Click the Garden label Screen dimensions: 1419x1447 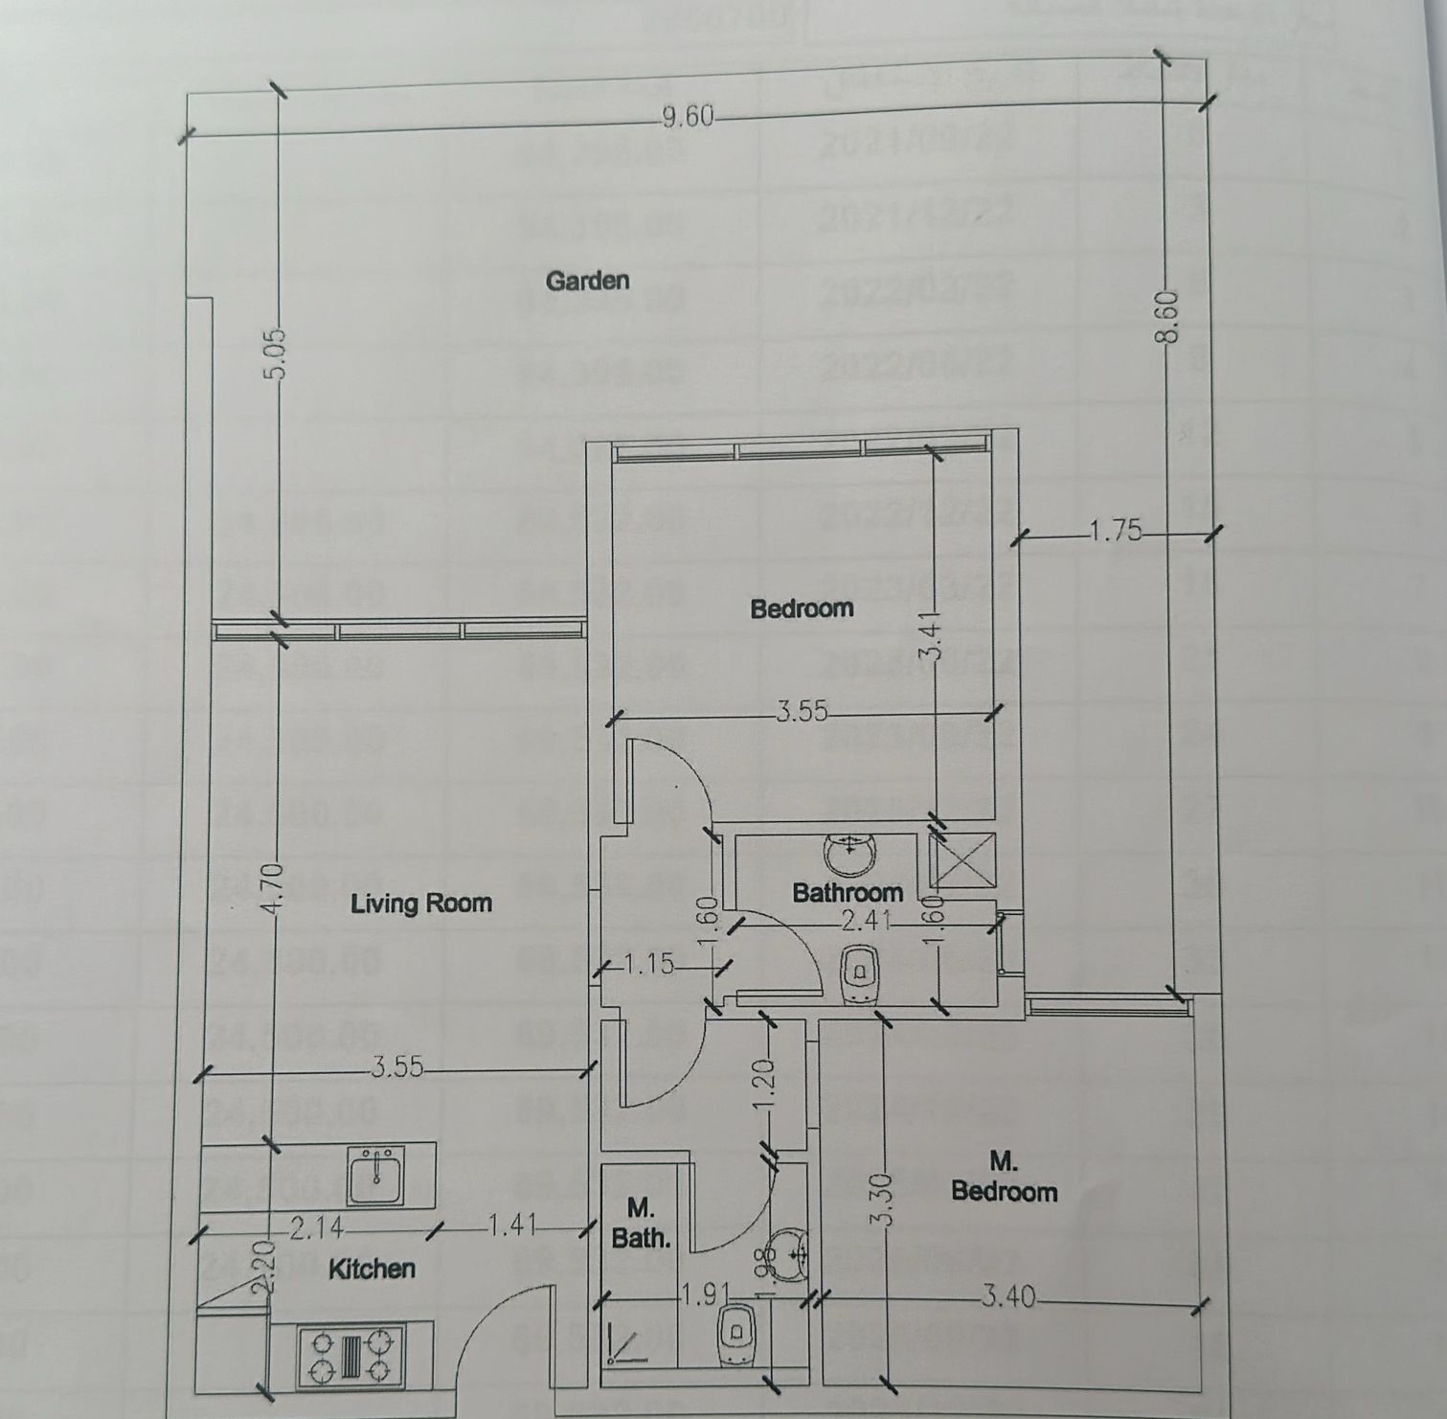587,281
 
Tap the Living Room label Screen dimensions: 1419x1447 420,904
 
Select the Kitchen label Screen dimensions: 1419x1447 372,1270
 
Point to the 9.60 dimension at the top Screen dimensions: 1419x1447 688,117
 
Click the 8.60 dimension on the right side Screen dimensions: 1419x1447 1167,319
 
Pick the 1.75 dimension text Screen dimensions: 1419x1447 1116,530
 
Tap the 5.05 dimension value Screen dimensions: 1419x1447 276,355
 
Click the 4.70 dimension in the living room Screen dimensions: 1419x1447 273,890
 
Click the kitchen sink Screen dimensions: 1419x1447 376,1175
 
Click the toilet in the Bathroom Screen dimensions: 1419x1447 860,974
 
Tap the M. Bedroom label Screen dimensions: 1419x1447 1004,1178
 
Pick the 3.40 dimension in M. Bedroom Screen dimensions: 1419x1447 1008,1297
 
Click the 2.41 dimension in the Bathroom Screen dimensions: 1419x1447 866,922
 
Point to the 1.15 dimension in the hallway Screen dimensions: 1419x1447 650,964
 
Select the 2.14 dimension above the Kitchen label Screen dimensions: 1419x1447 317,1228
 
